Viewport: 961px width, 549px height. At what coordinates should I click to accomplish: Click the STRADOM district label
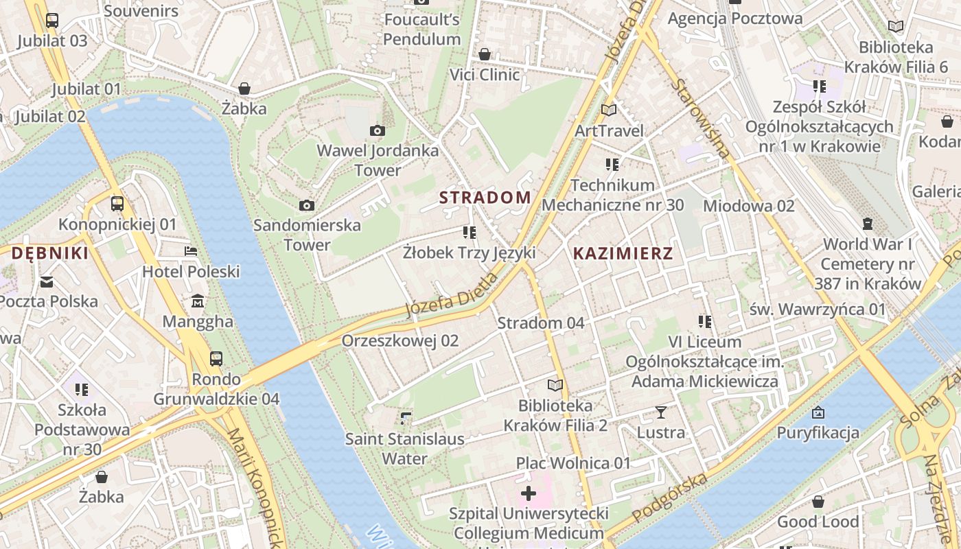coord(485,198)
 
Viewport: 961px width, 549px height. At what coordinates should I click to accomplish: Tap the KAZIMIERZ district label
coord(623,253)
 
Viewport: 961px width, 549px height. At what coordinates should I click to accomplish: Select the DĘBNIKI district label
coord(49,253)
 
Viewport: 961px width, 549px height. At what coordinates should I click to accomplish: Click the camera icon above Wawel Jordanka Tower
coord(377,130)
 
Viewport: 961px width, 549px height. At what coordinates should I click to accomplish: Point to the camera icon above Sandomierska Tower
coord(307,205)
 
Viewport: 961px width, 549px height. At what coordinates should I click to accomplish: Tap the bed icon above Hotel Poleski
coord(191,251)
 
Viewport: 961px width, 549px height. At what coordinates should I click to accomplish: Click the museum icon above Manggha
coord(198,301)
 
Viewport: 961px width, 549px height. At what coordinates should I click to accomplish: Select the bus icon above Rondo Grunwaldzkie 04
coord(216,358)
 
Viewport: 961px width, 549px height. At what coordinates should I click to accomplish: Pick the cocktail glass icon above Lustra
coord(660,412)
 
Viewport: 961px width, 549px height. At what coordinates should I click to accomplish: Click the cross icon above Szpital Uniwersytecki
coord(529,493)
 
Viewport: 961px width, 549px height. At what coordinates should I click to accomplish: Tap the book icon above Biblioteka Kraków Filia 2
coord(555,385)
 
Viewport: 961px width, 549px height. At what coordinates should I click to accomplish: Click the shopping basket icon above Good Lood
coord(818,502)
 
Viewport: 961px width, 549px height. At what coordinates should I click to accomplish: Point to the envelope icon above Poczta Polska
coord(47,281)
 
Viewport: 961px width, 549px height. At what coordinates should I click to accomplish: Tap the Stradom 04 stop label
coord(540,323)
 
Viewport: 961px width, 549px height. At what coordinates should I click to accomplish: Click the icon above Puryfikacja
coord(818,412)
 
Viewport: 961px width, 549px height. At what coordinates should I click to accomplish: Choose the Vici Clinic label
coord(485,74)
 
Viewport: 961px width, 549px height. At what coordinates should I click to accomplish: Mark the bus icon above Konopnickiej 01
coord(117,204)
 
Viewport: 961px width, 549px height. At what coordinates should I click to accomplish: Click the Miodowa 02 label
coord(748,205)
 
